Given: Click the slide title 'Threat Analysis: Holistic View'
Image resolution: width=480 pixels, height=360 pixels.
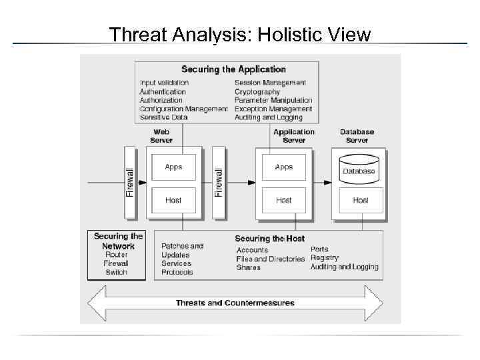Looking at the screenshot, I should (x=240, y=34).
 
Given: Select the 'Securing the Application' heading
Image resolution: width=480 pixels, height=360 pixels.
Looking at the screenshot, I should (x=233, y=69).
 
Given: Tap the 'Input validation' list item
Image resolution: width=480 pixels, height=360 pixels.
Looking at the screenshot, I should (x=164, y=83).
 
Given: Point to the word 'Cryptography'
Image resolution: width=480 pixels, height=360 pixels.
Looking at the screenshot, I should (x=257, y=91).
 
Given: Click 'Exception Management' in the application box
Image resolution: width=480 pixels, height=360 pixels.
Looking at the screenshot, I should (x=273, y=109).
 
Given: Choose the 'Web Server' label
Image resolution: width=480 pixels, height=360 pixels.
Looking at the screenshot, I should (x=161, y=136).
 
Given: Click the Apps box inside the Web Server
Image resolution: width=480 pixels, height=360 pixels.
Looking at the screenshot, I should (x=173, y=167).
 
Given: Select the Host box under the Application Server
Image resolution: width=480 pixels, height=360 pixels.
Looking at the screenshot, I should (x=284, y=200).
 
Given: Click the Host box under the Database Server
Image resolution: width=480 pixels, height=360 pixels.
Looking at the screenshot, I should (x=360, y=200).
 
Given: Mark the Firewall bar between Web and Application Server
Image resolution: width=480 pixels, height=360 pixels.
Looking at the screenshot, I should (x=218, y=181).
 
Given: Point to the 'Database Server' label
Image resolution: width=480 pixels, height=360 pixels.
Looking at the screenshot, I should (x=357, y=136).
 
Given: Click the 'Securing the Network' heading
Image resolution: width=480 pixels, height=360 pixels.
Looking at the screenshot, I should (x=118, y=241).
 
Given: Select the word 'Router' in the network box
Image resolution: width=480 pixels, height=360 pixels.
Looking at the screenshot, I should (x=116, y=255).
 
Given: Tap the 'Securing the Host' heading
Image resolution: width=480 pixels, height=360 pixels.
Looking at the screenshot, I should (x=269, y=239).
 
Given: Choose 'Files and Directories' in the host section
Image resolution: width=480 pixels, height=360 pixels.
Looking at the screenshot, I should (x=271, y=259).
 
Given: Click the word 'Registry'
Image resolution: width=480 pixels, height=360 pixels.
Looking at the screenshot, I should (x=325, y=257).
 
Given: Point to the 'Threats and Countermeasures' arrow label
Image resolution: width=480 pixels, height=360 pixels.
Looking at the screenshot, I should (x=235, y=303).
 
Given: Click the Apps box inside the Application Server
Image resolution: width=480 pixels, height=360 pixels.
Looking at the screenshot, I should (x=284, y=167).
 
